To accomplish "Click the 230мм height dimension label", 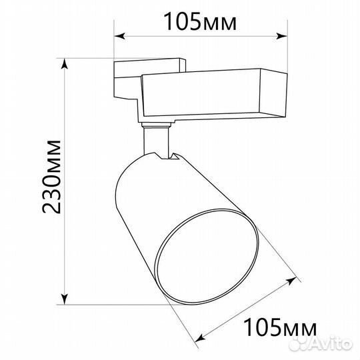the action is (x=51, y=176).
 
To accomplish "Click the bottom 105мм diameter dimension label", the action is (x=280, y=327).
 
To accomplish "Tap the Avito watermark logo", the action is (x=321, y=344).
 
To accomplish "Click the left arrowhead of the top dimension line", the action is (x=119, y=36).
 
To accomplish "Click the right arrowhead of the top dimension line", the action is (x=282, y=36).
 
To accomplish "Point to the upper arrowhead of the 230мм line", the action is (x=65, y=63).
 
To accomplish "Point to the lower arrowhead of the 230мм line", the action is (x=65, y=299).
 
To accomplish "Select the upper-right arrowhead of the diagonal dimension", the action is (x=292, y=281).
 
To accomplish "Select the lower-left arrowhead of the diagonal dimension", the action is (x=201, y=337).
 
